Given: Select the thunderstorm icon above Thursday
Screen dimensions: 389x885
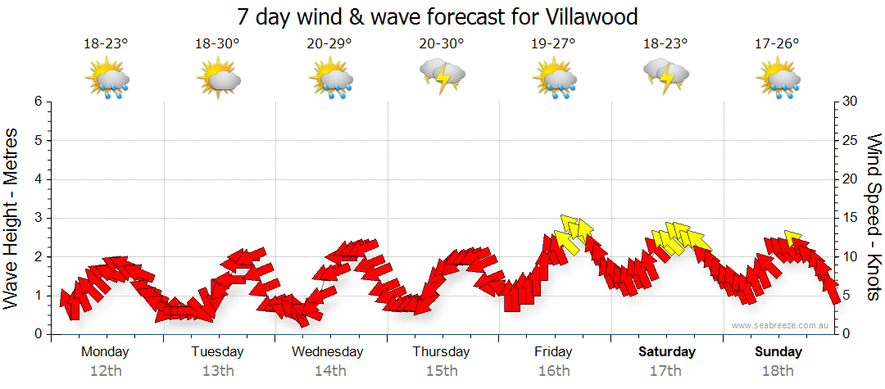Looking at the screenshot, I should click(442, 76).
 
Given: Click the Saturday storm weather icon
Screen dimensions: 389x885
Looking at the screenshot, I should click(666, 76).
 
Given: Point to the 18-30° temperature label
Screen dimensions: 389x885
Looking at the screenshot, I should click(217, 44).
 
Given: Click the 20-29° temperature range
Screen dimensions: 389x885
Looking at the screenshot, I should click(329, 44).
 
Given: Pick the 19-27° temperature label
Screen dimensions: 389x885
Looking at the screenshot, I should click(553, 44).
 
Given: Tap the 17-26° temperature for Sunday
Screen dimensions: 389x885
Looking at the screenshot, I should click(777, 44).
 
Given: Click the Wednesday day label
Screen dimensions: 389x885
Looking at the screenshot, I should click(328, 352).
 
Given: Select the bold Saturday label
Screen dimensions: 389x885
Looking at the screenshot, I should click(666, 352).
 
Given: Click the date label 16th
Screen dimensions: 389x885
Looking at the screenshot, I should click(554, 370).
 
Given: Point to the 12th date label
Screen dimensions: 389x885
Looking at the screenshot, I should click(105, 370).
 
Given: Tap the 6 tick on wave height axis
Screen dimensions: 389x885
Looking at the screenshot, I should click(38, 102).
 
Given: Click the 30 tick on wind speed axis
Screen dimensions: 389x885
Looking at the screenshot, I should click(851, 102).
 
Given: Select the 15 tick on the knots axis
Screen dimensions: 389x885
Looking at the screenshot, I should click(851, 218).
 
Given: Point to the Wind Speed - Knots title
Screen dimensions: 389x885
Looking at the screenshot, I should click(872, 218).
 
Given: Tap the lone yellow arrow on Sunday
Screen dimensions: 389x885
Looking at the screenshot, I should click(792, 237).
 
